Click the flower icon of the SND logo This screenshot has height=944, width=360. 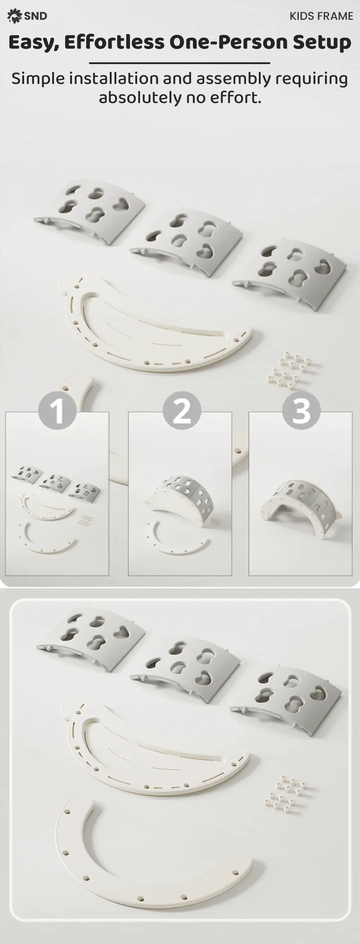pyautogui.click(x=14, y=16)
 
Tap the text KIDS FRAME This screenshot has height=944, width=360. pyautogui.click(x=321, y=16)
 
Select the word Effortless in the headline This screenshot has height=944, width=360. pyautogui.click(x=114, y=42)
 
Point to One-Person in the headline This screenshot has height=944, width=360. pyautogui.click(x=228, y=42)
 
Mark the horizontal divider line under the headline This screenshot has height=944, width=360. pyautogui.click(x=180, y=63)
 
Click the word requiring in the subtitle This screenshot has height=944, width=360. pyautogui.click(x=311, y=79)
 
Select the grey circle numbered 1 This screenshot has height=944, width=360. pyautogui.click(x=57, y=410)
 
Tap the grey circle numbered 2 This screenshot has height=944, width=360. pyautogui.click(x=182, y=410)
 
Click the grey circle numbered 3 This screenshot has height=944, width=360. pyautogui.click(x=301, y=410)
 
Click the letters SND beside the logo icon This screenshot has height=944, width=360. pyautogui.click(x=36, y=16)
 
